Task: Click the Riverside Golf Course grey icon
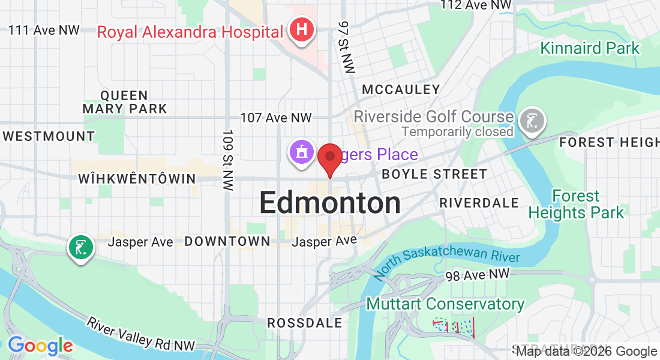pos(532,120)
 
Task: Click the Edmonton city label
pos(330,203)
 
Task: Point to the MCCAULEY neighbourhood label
pos(401,90)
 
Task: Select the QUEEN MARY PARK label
pos(125,102)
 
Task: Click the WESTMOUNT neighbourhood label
pos(48,136)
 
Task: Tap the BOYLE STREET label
pos(434,175)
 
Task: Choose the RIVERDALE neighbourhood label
pos(479,203)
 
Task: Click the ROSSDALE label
pos(304,323)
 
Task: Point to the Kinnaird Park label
pos(590,48)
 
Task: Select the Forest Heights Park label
pos(576,205)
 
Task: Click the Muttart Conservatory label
pos(445,304)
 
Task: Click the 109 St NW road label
pos(227,160)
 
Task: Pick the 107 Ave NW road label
pos(276,118)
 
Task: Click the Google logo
pos(40,346)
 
